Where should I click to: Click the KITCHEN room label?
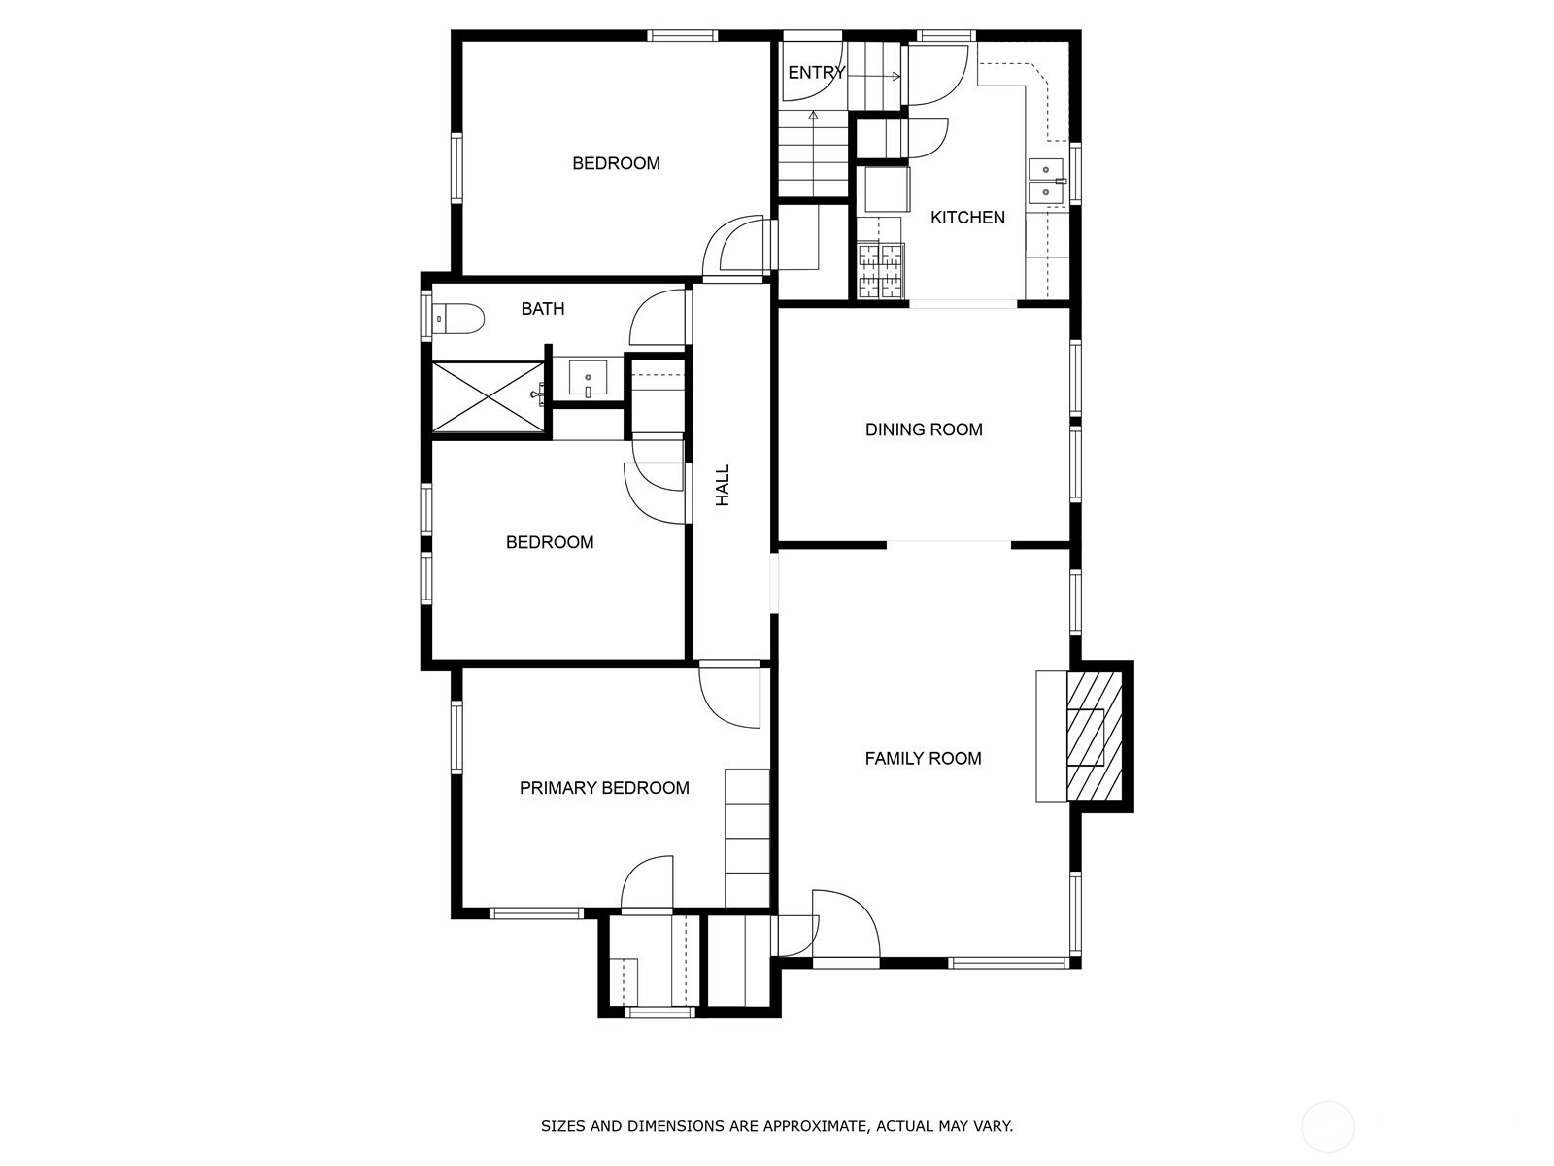pos(967,218)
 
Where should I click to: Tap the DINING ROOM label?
pos(924,429)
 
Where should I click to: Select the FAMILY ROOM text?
pos(924,759)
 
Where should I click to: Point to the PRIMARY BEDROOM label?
pos(604,788)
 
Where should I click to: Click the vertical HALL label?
pos(723,486)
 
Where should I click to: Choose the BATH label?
pos(543,309)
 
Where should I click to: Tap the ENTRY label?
pos(816,72)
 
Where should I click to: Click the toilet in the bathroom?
pos(457,319)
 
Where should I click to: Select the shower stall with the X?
pos(488,396)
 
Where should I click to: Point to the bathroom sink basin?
pos(588,378)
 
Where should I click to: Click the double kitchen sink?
pos(1047,182)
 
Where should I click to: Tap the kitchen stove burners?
pos(882,271)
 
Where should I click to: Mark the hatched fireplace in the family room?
pos(1095,737)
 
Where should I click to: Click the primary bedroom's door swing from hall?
pos(729,698)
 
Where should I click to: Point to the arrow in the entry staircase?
pos(873,77)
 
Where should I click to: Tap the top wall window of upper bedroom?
pos(683,35)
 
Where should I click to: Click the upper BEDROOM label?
pos(616,163)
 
